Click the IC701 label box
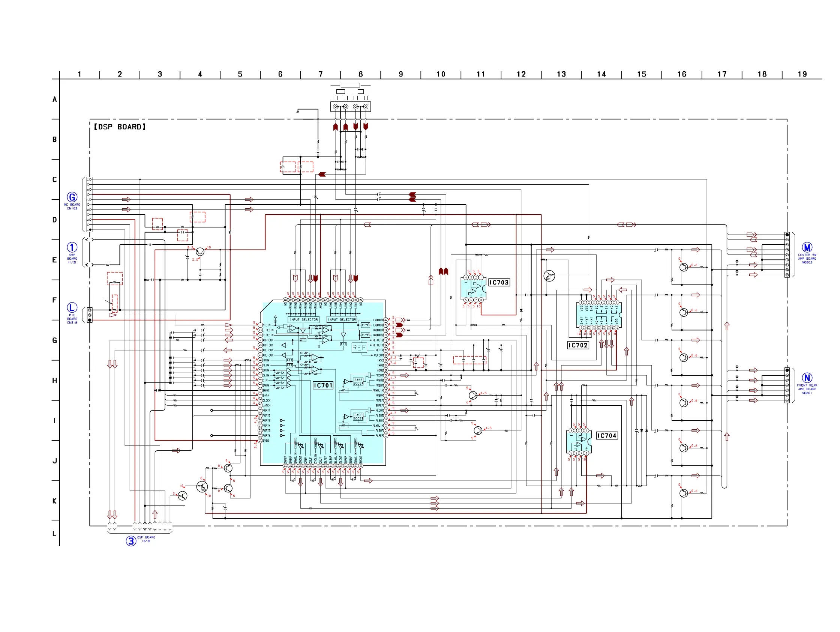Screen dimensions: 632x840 pos(323,385)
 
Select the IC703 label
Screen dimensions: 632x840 pos(499,282)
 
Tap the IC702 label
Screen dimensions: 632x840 pos(578,345)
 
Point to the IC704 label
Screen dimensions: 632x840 pos(606,435)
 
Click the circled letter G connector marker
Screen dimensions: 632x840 pos(72,197)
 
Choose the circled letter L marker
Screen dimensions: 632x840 pos(72,307)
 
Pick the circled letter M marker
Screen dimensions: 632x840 pos(807,247)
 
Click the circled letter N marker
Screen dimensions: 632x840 pos(807,378)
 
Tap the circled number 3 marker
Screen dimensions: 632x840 pos(131,541)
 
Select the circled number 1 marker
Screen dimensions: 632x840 pos(72,247)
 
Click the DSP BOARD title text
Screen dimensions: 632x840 pos(120,127)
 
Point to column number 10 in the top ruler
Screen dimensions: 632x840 pos(441,74)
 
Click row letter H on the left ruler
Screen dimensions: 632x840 pos(55,381)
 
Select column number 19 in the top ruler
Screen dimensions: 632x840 pos(802,74)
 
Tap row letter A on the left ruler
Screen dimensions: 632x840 pos(55,99)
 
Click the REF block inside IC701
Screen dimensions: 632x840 pos(359,348)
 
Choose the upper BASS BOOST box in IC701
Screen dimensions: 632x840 pos(358,381)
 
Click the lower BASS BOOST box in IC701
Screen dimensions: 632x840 pos(358,417)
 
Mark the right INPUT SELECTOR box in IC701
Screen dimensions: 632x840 pos(342,320)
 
